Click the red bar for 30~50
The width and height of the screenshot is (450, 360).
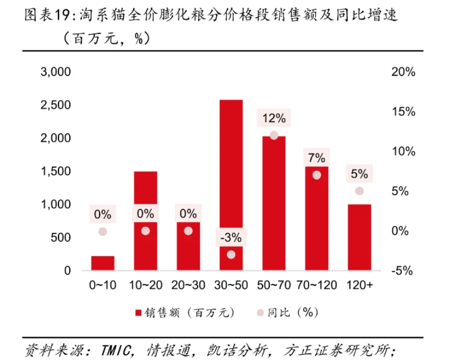(x=231, y=162)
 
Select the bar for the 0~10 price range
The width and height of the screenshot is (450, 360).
(x=102, y=263)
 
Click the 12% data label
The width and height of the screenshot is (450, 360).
(x=273, y=118)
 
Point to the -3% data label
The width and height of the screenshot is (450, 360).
(x=231, y=237)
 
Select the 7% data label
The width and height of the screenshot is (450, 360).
(x=317, y=158)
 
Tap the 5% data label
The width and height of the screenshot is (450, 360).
(x=360, y=174)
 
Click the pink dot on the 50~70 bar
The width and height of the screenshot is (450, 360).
(x=274, y=135)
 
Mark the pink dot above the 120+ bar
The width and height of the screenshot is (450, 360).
(x=360, y=191)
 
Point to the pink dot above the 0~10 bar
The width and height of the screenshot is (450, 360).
(x=102, y=232)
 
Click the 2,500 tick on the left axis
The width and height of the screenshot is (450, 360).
(x=56, y=105)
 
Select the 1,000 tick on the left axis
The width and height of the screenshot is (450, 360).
(x=56, y=205)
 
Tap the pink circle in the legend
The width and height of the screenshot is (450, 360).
(x=260, y=312)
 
